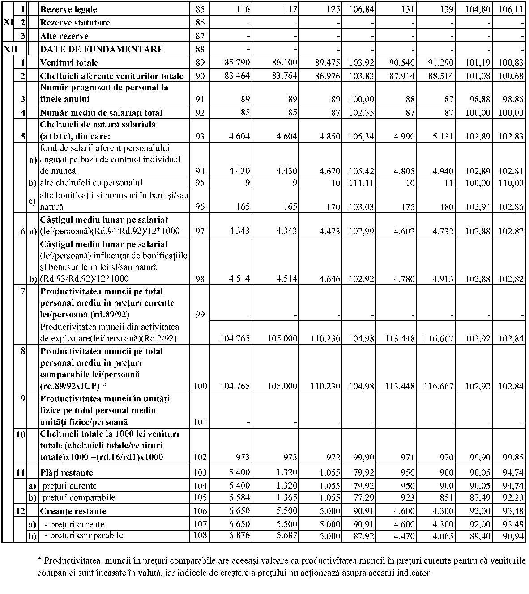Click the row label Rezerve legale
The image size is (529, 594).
68,9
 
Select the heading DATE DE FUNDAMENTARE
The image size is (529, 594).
102,49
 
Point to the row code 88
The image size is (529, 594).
200,49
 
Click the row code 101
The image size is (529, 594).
200,422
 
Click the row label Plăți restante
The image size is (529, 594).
67,473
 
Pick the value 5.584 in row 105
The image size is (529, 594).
239,498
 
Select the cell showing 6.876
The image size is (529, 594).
239,536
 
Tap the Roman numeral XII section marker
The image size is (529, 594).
11,49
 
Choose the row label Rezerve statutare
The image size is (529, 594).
75,23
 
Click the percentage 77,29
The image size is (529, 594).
362,498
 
